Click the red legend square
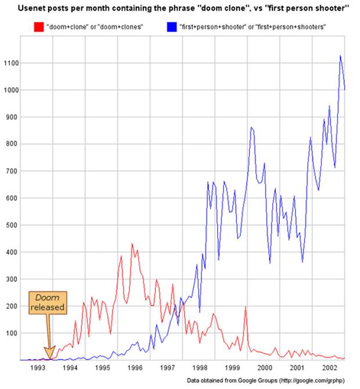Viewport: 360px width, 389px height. point(39,26)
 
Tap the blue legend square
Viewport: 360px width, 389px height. point(172,26)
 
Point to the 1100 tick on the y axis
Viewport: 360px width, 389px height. point(10,63)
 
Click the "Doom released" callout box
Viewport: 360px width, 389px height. point(48,302)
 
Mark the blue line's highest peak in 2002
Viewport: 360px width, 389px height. point(340,56)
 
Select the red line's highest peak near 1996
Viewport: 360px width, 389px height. point(132,244)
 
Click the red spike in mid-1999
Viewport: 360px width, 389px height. point(246,307)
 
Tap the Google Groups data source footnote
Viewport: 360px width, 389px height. point(271,380)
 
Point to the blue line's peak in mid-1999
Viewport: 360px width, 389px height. point(251,127)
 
